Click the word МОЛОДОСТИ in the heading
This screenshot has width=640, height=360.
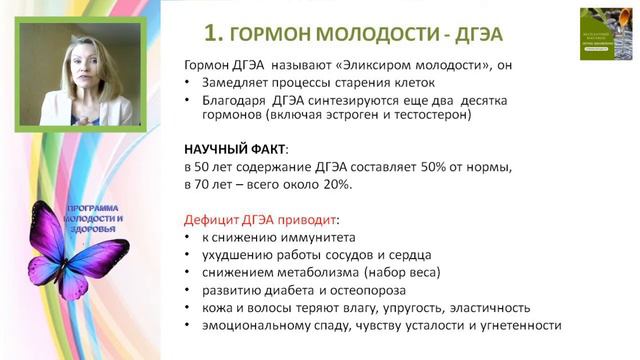point(344,33)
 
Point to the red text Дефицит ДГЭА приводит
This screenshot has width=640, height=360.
point(262,218)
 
